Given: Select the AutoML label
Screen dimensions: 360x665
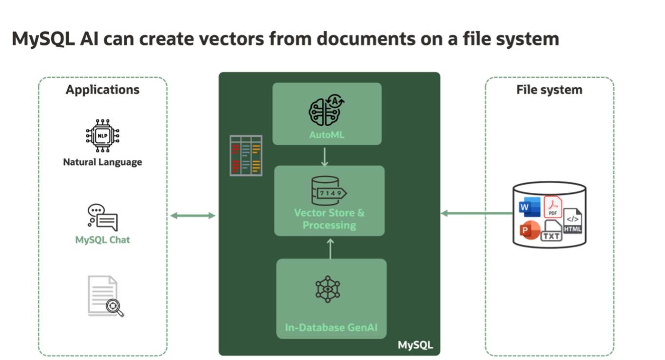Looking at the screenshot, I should point(326,135).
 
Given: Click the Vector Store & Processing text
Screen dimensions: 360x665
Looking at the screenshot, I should point(329,219).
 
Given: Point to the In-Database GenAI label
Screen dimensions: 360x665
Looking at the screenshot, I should point(331,328).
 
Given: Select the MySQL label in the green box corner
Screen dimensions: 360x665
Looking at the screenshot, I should point(415,345).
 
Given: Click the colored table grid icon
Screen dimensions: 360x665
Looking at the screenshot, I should point(246,155).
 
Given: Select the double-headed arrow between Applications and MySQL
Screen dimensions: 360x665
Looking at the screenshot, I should point(193,216).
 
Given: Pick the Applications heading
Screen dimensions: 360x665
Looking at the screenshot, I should point(103,90).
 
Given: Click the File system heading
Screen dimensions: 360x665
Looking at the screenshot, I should point(549,90).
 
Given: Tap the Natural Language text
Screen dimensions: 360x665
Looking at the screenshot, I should point(102,162).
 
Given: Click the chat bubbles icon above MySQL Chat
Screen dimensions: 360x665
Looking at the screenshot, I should point(103,217).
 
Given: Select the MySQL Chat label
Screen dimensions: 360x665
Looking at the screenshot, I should point(102,240).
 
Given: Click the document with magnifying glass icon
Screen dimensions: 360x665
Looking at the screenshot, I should point(105,296).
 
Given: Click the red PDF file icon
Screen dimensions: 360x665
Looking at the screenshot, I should point(553,207).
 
